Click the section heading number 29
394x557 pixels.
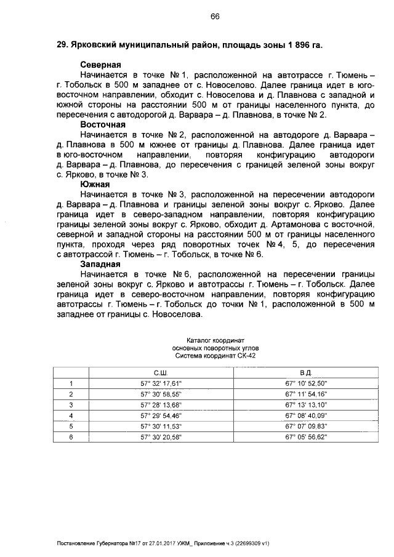[x=62, y=46]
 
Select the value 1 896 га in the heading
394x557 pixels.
[x=297, y=46]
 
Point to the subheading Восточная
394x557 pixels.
[x=103, y=124]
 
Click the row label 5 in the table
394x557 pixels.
[x=71, y=426]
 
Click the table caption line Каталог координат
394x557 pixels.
[x=215, y=340]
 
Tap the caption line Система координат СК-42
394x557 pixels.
[x=215, y=355]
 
